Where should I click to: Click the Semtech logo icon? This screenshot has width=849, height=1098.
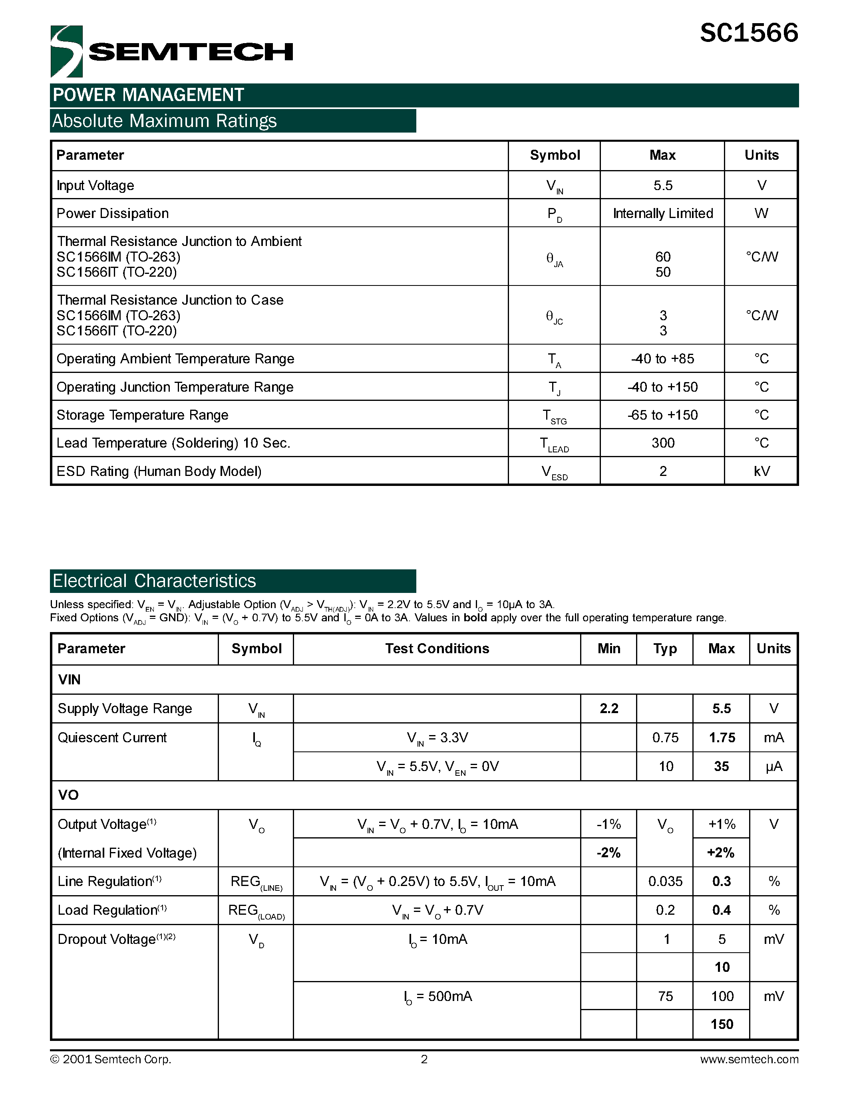(66, 51)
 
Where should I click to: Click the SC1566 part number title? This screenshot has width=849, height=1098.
(748, 33)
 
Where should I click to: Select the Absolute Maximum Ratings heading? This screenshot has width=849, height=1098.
(165, 121)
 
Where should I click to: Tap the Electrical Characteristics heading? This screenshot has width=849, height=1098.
(154, 581)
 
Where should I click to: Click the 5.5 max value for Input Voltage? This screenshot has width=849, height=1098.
(662, 186)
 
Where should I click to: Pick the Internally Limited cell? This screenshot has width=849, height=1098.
(662, 214)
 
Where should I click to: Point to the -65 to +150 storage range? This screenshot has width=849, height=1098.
(662, 415)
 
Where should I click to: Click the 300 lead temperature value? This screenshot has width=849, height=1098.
(662, 443)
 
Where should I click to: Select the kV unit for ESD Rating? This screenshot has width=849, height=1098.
(761, 471)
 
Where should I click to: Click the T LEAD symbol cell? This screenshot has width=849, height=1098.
(554, 444)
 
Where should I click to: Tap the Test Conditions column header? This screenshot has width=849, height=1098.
(437, 648)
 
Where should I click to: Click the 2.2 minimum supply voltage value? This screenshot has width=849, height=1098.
(608, 708)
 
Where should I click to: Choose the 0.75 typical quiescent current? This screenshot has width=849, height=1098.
(665, 737)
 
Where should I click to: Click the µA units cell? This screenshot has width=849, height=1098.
(773, 767)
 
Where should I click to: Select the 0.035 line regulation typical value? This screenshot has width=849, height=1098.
(665, 881)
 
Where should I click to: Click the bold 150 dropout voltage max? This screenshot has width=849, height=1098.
(721, 1024)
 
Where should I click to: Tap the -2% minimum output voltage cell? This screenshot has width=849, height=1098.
(608, 853)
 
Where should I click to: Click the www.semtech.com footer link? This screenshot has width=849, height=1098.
(748, 1059)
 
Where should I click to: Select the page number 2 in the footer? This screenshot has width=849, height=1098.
(424, 1059)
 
